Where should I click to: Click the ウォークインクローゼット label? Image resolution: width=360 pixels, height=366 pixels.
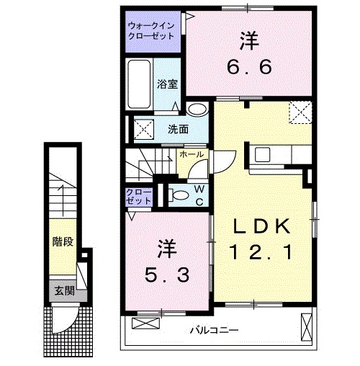[x=151, y=31]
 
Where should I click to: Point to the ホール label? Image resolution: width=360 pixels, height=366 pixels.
[x=192, y=154]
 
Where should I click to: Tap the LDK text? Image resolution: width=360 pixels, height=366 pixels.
[x=262, y=227]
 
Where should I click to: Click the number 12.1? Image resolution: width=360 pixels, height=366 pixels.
[x=262, y=253]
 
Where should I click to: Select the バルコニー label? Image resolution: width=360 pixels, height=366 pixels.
[x=215, y=331]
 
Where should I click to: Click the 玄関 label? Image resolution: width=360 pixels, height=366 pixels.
[x=63, y=291]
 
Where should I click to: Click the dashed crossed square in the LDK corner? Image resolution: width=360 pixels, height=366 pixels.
[x=300, y=112]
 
